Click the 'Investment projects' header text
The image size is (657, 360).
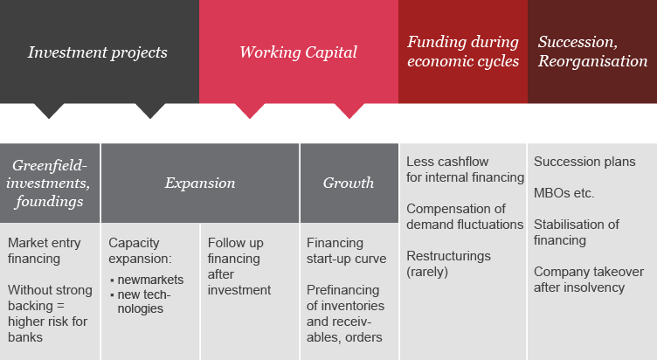coord(98,52)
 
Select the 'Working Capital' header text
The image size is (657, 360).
coord(298,52)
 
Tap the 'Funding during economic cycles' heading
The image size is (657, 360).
coord(463,52)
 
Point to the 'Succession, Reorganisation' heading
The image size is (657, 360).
coord(592,52)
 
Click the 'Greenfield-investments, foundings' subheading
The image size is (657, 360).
coord(48,183)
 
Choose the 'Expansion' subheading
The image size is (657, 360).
coord(200,183)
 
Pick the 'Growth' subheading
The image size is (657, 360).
coord(349,183)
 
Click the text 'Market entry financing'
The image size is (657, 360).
coord(44,251)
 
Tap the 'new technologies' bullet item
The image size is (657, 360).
coord(143,301)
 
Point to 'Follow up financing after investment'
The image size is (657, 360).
coord(239,267)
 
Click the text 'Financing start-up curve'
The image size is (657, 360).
coord(346,251)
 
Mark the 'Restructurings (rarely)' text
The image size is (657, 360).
coord(448,264)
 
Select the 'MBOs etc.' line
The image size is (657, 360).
coord(564,193)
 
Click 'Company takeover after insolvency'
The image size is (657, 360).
coord(588,280)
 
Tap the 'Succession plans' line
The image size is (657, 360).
coord(584,162)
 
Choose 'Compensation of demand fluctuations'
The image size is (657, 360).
coord(465,216)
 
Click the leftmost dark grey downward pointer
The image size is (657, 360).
coord(49,111)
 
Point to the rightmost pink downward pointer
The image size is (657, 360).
coord(349,111)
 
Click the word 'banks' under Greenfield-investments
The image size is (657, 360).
coord(25,337)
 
